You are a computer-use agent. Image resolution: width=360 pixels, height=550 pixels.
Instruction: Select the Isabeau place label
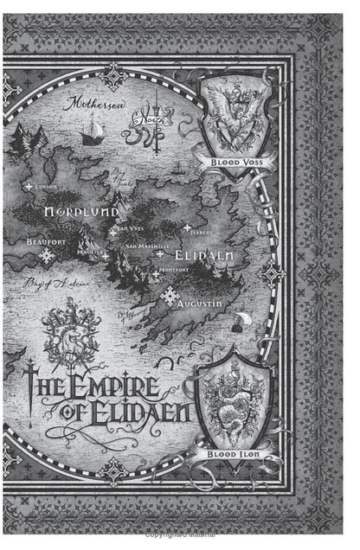tap(202, 232)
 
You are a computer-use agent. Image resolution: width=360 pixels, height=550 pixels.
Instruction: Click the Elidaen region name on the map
tap(200, 257)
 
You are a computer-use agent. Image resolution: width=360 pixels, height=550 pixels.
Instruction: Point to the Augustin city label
tap(201, 305)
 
